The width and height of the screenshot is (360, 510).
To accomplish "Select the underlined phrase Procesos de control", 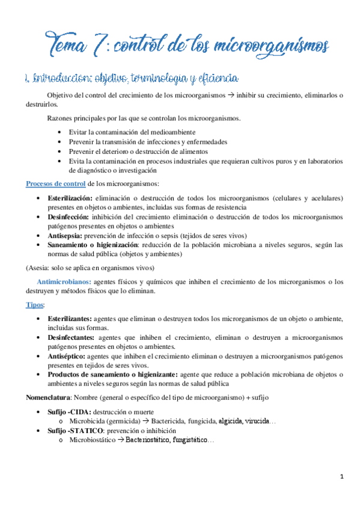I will [x=56, y=183].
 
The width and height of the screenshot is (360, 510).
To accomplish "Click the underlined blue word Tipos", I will [x=35, y=304].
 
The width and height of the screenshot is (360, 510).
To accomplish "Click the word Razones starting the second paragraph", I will [x=61, y=117].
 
